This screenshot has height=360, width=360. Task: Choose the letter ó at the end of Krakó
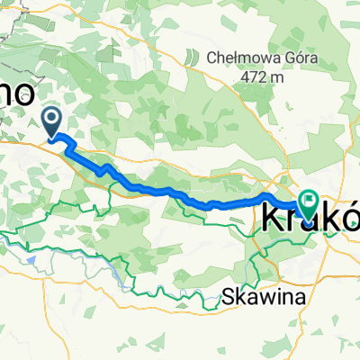tap(347, 217)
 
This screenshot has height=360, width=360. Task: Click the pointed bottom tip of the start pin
tap(54, 139)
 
